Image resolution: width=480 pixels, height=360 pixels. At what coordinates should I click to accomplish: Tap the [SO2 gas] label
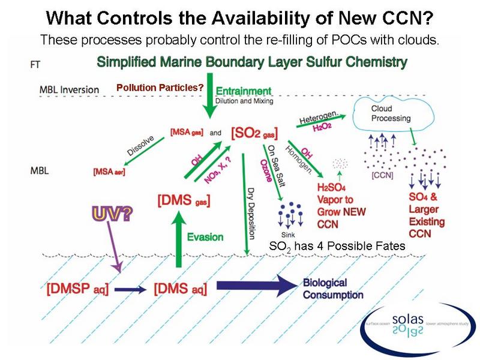[259, 130]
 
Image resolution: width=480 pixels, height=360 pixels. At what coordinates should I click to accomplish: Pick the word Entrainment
[243, 91]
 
